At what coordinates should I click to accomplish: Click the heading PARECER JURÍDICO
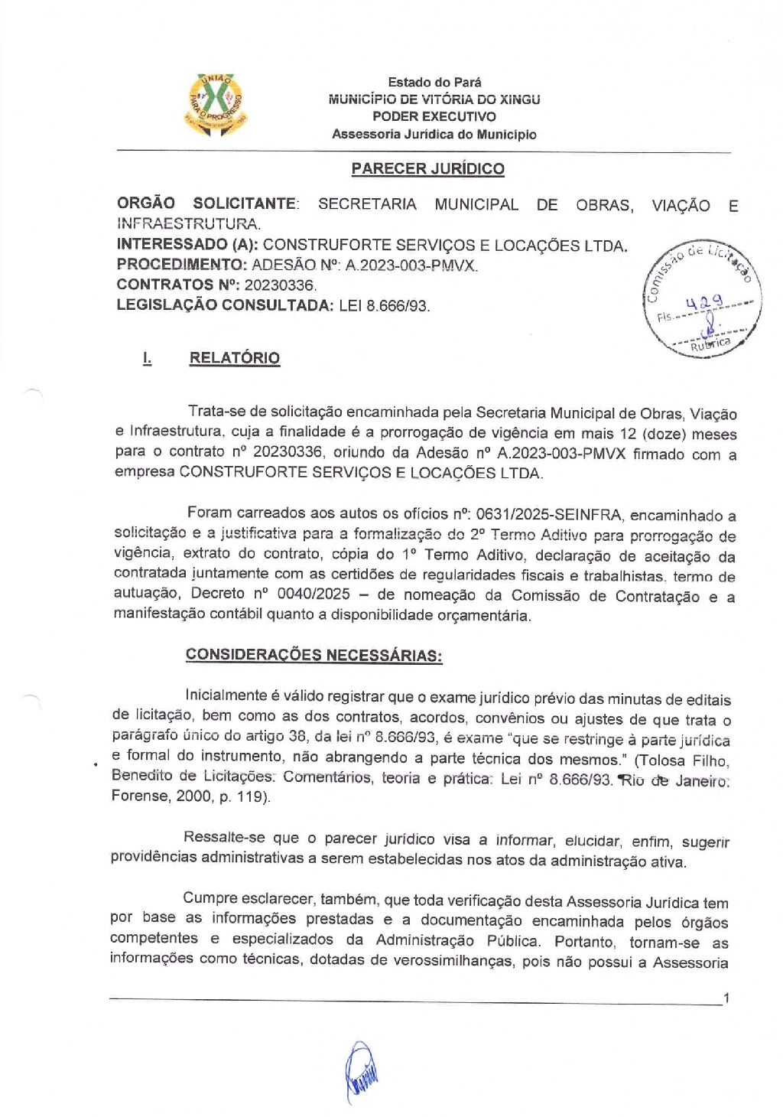[x=427, y=169]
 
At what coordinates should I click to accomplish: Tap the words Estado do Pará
[x=434, y=82]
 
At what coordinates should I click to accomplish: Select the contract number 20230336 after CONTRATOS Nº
[x=280, y=285]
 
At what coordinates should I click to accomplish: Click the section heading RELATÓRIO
[x=234, y=358]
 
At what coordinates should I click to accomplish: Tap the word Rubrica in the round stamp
[x=710, y=344]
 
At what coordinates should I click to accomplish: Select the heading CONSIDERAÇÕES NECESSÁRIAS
[x=314, y=655]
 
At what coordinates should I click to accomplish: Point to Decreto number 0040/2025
[x=312, y=594]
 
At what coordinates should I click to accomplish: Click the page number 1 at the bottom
[x=726, y=998]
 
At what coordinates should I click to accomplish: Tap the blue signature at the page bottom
[x=362, y=1071]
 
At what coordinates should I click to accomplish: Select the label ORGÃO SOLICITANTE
[x=206, y=204]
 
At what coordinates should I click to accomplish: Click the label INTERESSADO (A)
[x=187, y=245]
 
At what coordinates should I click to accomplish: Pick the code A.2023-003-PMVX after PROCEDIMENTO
[x=411, y=265]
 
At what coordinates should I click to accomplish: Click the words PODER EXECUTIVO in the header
[x=434, y=116]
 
